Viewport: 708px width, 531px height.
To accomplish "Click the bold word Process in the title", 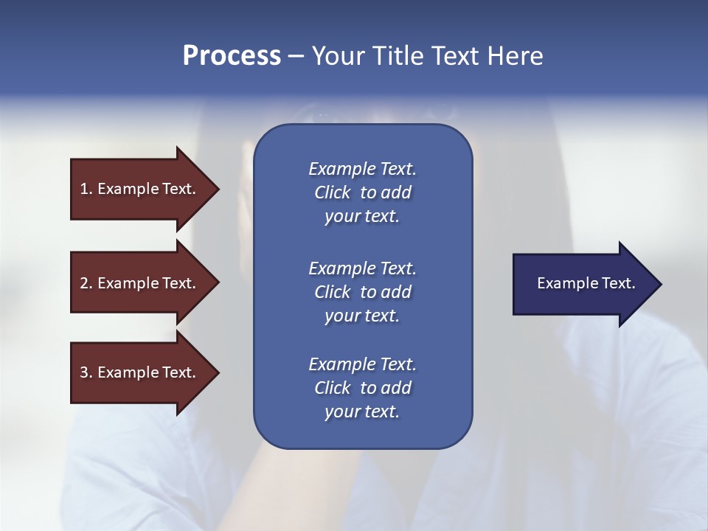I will point(232,56).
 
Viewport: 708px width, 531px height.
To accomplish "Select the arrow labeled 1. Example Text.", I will point(140,189).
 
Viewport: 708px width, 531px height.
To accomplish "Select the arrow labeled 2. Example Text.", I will point(140,283).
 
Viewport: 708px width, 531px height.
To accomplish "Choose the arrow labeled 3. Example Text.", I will point(140,372).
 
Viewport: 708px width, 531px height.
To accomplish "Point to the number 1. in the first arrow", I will point(86,189).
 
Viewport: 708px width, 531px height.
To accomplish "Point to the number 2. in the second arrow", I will point(86,283).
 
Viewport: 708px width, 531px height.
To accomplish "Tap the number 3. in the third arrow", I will point(86,372).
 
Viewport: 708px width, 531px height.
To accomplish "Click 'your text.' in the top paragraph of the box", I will point(362,217).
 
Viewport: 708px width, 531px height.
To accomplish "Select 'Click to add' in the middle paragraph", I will point(362,292).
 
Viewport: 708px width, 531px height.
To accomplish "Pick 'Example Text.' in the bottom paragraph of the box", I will point(362,364).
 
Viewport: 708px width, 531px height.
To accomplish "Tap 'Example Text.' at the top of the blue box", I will point(362,169).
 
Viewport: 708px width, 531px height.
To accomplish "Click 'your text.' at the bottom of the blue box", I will point(362,412).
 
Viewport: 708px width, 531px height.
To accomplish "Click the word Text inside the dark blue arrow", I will point(618,283).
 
